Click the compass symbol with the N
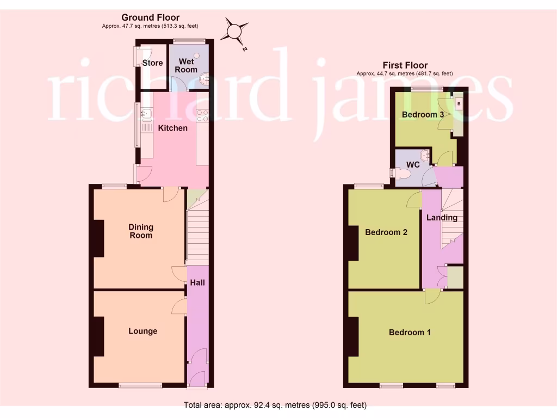(234, 32)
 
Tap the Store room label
(152, 63)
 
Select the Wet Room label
(185, 66)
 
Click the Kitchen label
(172, 128)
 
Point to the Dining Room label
(140, 231)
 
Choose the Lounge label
(143, 331)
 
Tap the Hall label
(197, 282)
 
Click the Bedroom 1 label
(410, 332)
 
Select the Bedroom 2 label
(386, 232)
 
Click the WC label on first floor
(413, 164)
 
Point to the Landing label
(442, 218)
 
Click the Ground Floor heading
(150, 18)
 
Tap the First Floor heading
(405, 65)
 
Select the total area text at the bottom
(275, 405)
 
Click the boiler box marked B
(459, 103)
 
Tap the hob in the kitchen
(202, 115)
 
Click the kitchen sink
(146, 114)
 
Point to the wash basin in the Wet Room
(204, 80)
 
